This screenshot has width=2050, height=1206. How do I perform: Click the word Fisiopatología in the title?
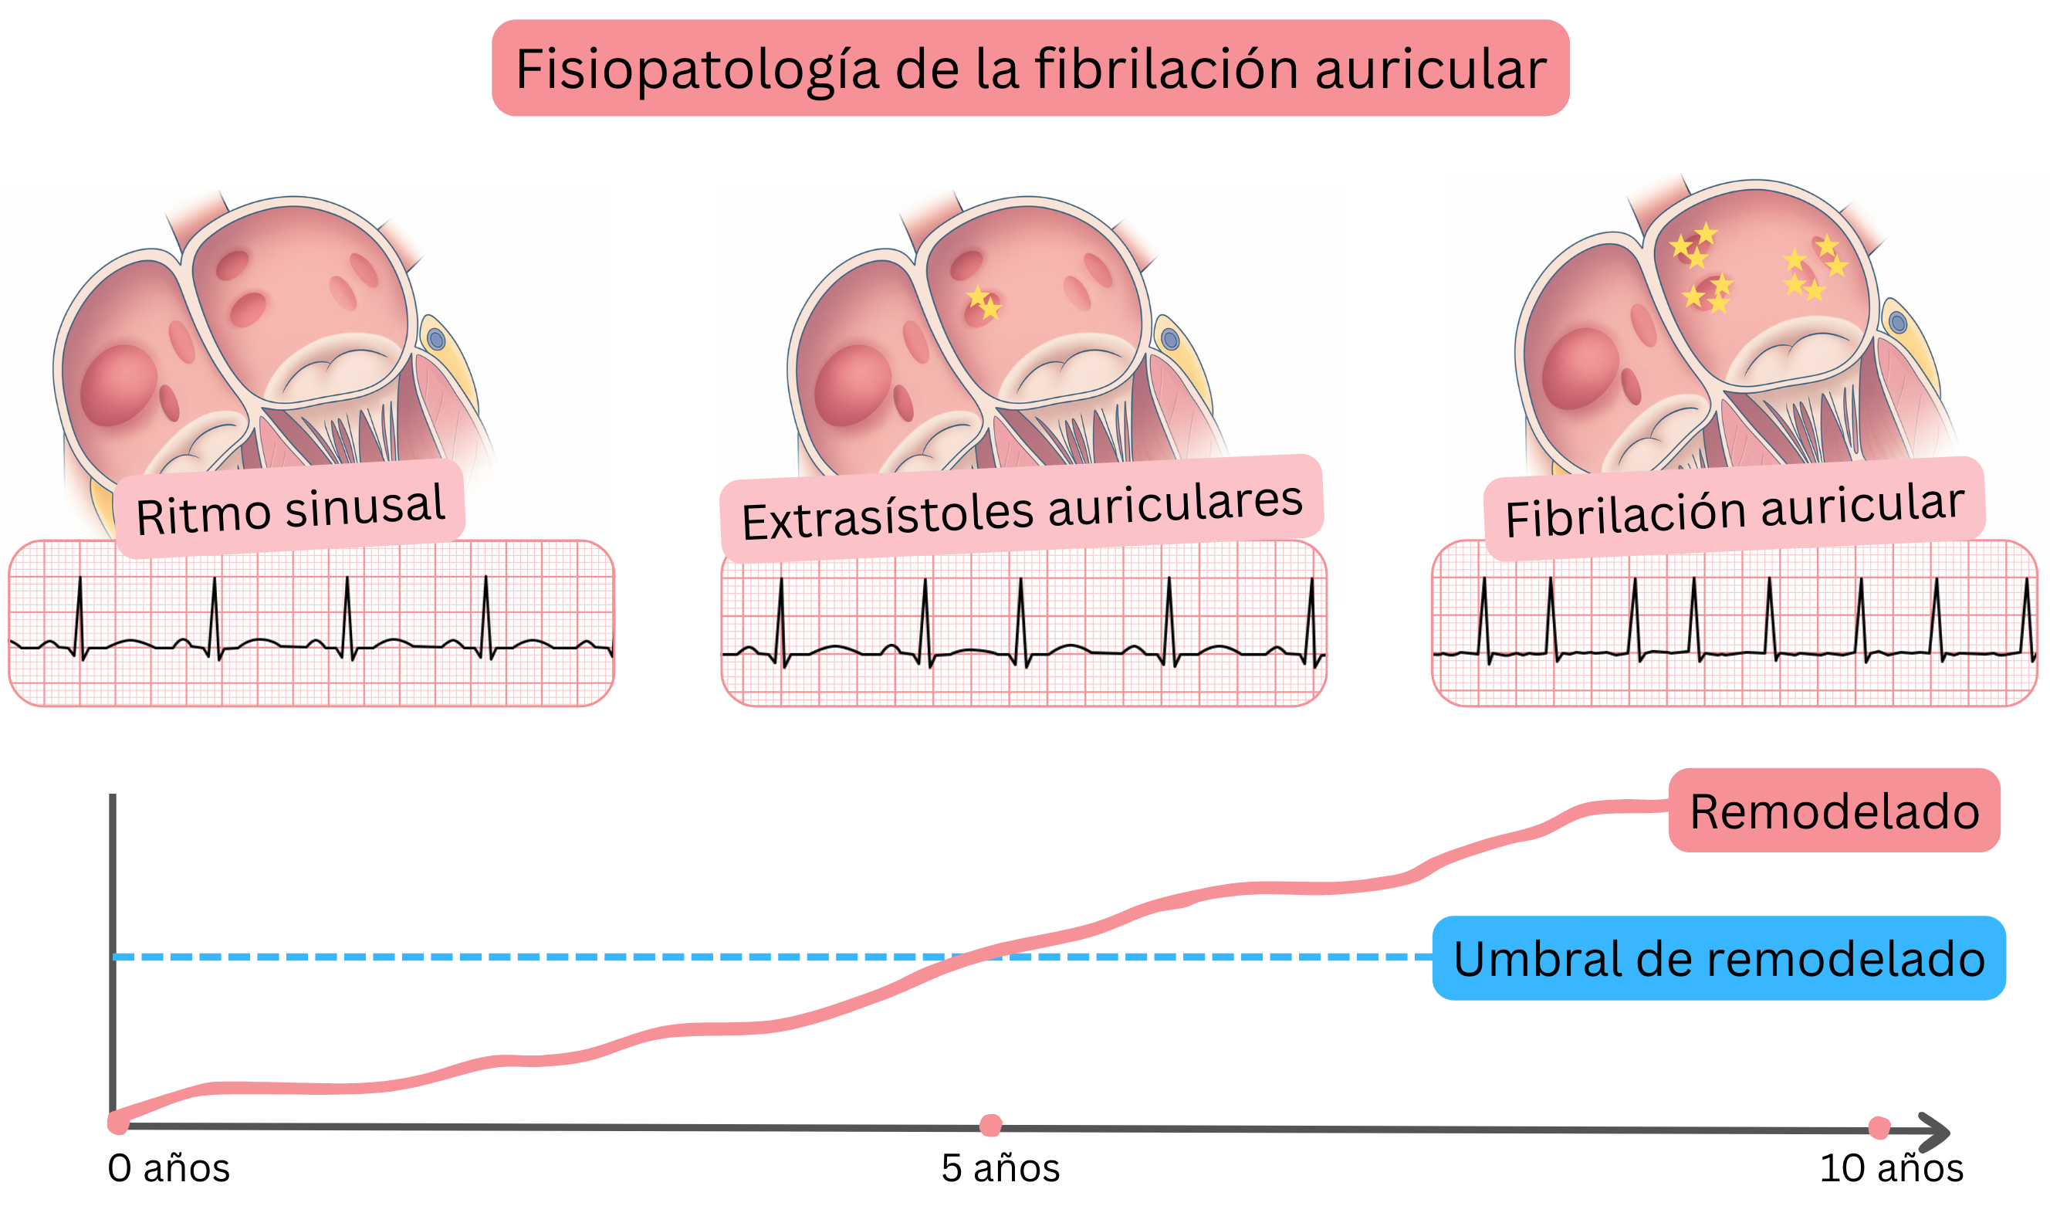click(696, 70)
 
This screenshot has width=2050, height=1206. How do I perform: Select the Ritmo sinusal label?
click(290, 510)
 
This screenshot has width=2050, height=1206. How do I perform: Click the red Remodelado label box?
click(1834, 811)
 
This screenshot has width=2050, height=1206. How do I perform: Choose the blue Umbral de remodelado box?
click(1718, 959)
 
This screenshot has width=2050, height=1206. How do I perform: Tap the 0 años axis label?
click(168, 1169)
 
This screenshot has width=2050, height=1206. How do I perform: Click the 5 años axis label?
click(1000, 1169)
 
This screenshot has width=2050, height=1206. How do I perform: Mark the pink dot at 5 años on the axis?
click(990, 1126)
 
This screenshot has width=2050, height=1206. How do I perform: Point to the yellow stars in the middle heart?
click(983, 302)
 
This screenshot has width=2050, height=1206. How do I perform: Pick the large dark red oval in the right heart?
click(1580, 368)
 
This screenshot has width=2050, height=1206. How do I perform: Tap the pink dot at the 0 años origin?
click(119, 1123)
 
